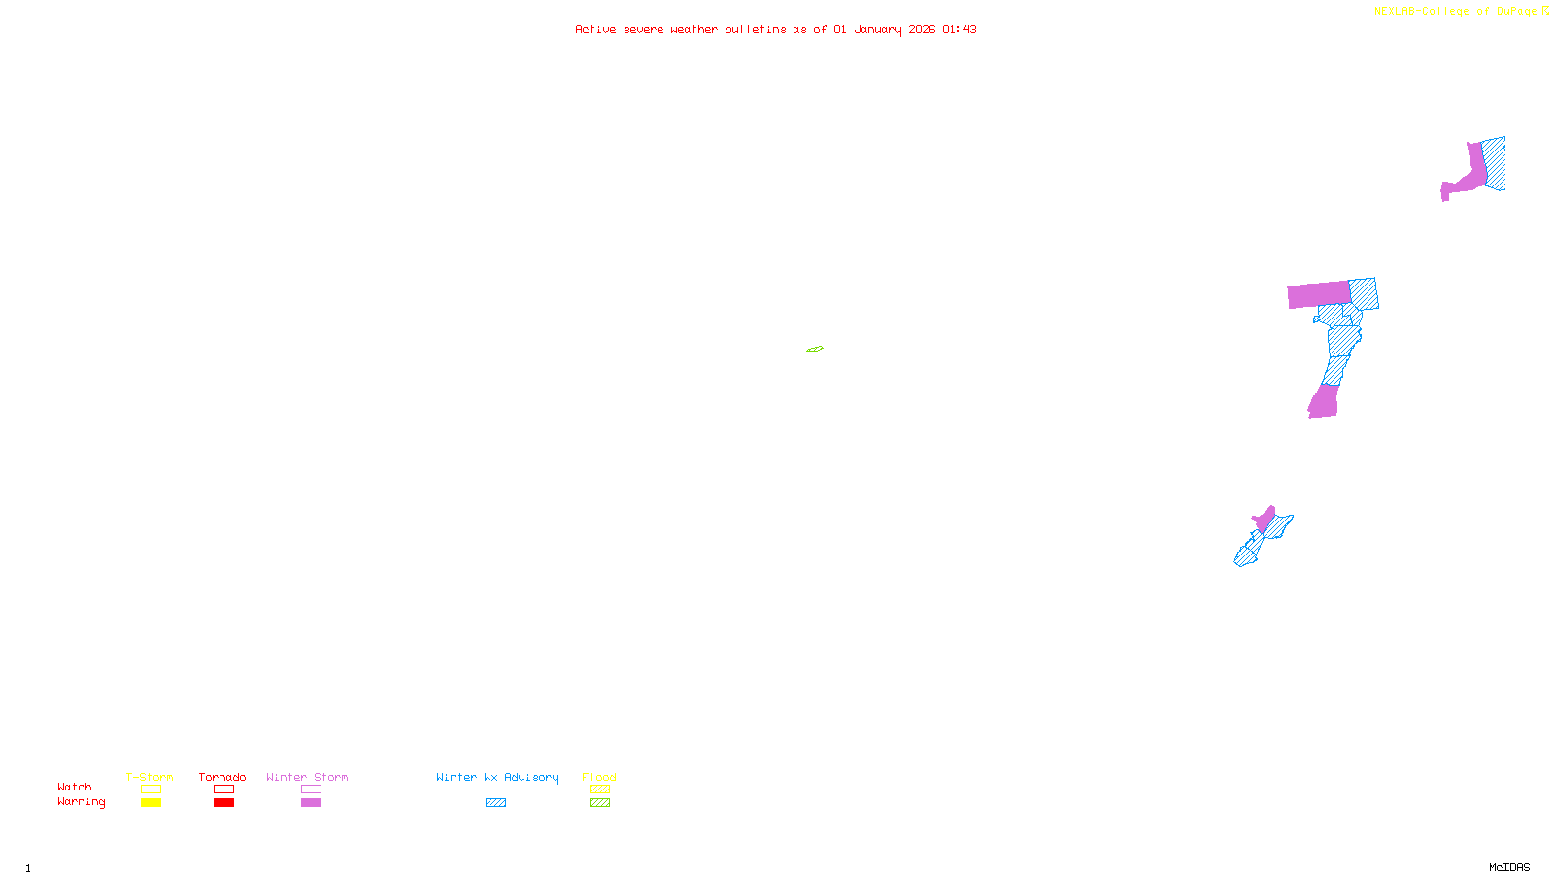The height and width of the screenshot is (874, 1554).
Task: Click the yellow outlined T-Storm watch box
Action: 151,790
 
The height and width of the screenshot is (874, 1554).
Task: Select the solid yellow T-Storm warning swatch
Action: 151,803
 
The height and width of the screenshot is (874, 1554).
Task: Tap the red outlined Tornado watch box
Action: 223,790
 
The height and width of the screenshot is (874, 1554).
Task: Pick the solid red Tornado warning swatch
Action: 223,803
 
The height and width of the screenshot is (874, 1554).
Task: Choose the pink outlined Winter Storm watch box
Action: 311,790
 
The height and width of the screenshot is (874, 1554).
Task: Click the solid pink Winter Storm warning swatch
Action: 311,803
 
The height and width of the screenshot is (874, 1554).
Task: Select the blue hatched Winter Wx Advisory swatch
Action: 495,803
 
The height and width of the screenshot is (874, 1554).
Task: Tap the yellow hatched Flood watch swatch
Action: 599,790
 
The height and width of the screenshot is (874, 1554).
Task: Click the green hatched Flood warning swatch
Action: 599,803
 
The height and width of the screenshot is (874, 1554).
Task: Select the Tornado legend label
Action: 222,777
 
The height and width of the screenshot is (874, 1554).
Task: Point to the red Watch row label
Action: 75,787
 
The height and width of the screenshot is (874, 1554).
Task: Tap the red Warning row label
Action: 81,802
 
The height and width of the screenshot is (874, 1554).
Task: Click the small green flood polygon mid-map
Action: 815,349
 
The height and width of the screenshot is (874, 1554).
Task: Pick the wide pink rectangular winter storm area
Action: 1318,294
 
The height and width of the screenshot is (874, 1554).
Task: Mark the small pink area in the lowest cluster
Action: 1265,519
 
